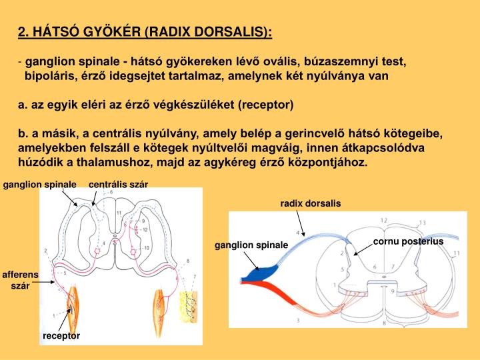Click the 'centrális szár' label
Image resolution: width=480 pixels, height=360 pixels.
(118, 184)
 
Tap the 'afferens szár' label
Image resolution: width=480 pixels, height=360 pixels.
(21, 280)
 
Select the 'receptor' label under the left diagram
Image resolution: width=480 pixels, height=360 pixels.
(61, 335)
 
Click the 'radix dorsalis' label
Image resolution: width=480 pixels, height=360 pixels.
(310, 203)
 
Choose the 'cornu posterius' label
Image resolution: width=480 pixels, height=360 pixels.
(408, 241)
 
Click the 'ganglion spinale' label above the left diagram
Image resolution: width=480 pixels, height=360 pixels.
(38, 184)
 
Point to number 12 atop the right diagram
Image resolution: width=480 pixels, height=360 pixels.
(384, 220)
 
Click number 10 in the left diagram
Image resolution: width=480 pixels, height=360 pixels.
(147, 248)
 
